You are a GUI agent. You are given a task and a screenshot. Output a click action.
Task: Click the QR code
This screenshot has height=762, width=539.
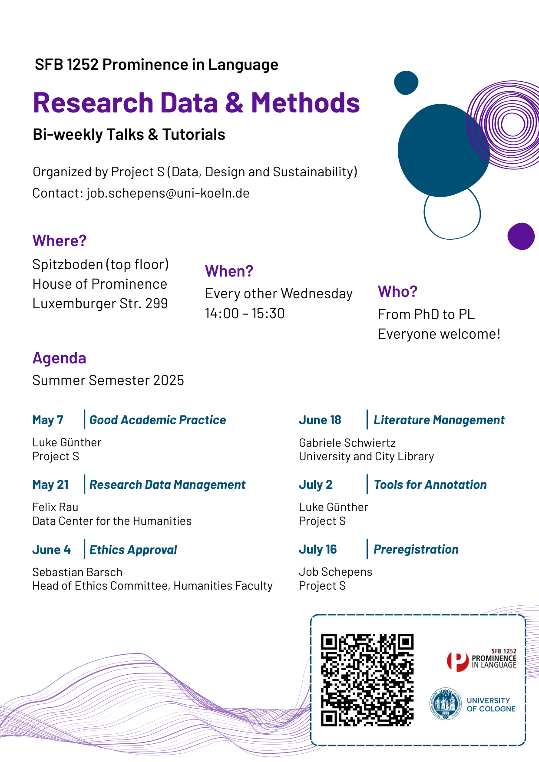(x=367, y=680)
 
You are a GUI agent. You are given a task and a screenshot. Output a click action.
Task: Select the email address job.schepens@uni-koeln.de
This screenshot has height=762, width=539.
(x=168, y=193)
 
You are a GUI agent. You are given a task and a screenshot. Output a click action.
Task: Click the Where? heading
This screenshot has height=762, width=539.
(x=60, y=241)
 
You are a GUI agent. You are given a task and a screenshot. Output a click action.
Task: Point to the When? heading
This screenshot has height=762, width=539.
(x=229, y=271)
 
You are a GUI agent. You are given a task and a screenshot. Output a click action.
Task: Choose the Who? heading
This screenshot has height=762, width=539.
(x=397, y=292)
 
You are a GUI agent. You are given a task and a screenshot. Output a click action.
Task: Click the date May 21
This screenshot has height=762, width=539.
(x=50, y=485)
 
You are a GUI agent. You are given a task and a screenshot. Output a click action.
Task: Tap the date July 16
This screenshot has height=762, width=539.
(x=317, y=549)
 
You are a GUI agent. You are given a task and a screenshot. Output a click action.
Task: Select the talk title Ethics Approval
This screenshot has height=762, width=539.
(x=133, y=550)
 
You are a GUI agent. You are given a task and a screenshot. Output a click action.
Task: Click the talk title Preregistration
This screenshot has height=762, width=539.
(x=416, y=549)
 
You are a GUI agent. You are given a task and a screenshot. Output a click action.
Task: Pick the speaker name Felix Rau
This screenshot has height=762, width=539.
(x=55, y=507)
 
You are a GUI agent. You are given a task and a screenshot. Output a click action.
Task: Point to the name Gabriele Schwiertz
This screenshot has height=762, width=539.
(x=347, y=443)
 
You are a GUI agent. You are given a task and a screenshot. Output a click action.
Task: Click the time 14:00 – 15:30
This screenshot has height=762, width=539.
(x=245, y=313)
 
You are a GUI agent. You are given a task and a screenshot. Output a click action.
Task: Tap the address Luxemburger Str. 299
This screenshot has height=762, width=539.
(x=100, y=303)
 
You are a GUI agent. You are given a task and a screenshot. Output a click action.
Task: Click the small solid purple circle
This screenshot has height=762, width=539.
(x=521, y=236)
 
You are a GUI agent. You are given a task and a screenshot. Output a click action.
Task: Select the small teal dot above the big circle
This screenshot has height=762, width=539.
(x=406, y=82)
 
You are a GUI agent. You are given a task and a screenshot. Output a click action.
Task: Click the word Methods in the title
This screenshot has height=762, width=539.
(x=305, y=103)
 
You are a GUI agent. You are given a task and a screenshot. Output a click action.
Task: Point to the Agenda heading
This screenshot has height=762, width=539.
(x=60, y=358)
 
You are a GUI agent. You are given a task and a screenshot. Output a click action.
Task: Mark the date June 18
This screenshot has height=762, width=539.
(x=320, y=420)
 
